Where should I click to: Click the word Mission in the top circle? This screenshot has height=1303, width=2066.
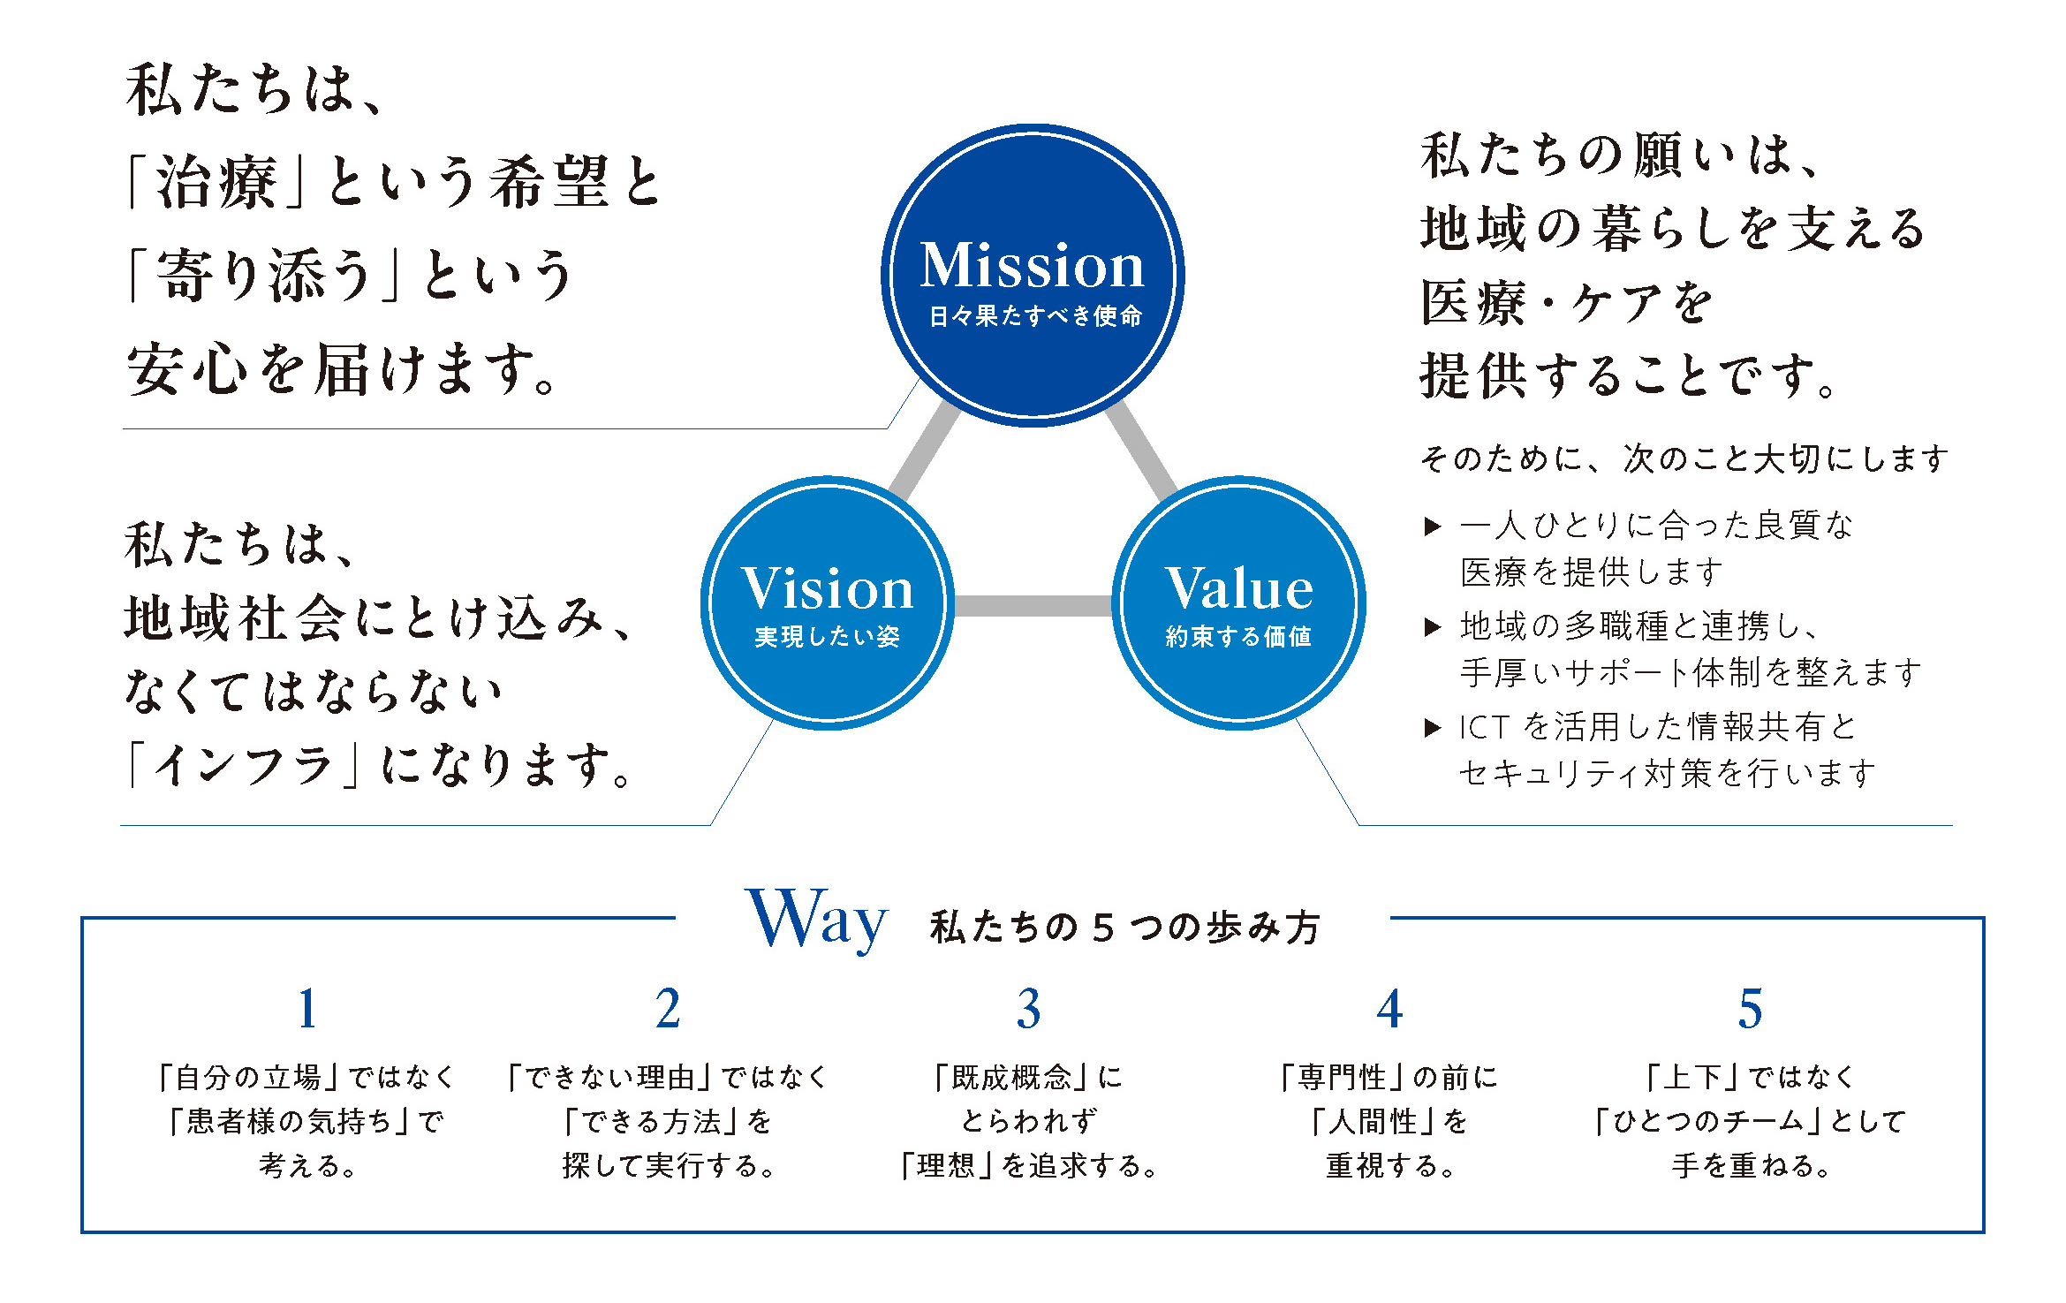1032,265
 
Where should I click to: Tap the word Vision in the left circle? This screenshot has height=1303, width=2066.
827,588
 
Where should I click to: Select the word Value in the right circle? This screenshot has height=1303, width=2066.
1238,588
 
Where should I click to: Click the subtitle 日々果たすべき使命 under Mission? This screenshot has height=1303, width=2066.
1035,316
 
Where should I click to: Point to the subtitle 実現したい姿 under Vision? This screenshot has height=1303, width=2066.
827,637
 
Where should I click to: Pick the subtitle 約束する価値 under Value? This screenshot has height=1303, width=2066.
1238,637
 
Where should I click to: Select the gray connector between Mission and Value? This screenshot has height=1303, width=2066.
1141,451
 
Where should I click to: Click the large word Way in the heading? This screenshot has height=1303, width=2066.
816,920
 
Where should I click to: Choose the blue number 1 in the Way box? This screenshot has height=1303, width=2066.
307,1010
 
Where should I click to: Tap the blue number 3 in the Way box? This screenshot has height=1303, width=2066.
1028,1010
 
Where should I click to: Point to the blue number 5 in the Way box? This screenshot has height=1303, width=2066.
1750,1010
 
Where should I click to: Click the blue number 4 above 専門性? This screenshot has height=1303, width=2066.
1389,1010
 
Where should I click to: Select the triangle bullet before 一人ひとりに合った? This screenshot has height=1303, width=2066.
1433,527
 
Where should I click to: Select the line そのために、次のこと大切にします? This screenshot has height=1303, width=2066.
1684,458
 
